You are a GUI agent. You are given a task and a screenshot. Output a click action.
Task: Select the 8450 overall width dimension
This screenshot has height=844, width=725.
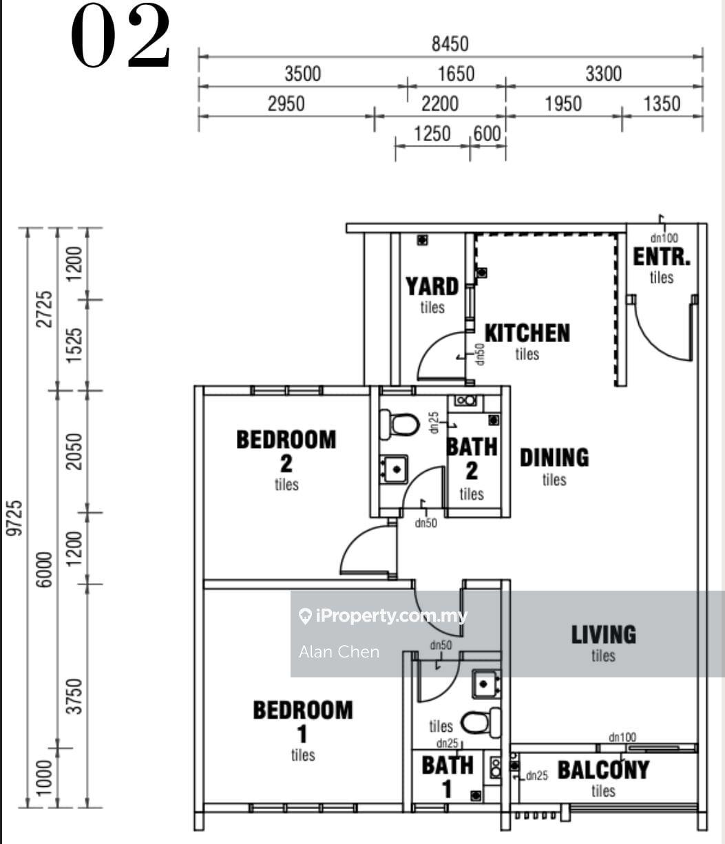point(450,44)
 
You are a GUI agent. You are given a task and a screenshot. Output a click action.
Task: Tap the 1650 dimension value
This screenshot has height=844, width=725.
point(456,74)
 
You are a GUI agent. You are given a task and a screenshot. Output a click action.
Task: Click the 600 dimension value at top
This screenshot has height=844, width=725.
point(487,134)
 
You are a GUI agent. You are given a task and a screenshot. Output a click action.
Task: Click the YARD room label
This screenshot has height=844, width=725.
point(432,286)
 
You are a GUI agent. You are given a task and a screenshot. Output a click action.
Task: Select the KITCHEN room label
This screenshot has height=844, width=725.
point(527,333)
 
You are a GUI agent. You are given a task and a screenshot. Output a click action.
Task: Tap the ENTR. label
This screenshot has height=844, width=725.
point(661,257)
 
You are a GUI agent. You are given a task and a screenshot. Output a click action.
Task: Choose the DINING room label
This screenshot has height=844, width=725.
point(554,458)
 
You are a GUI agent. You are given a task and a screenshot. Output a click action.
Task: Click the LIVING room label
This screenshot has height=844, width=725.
point(603,635)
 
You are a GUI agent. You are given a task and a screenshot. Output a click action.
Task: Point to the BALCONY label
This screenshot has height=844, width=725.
point(603,770)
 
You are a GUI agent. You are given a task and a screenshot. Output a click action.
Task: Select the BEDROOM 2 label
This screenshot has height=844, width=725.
point(286,450)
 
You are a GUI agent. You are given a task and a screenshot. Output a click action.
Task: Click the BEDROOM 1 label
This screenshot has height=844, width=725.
point(302,721)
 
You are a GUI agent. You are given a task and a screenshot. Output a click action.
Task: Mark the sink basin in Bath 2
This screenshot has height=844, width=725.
point(395,469)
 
